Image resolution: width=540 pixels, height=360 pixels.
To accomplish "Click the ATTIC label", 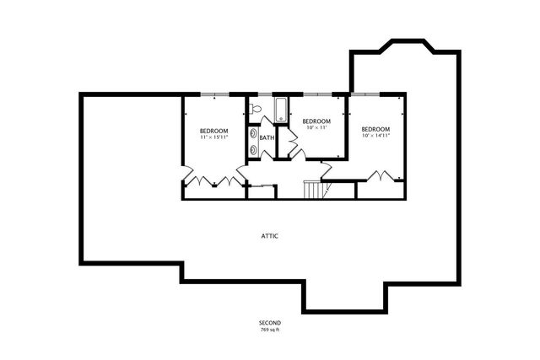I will [x=270, y=236].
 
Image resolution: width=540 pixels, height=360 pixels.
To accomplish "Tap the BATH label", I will [x=267, y=137].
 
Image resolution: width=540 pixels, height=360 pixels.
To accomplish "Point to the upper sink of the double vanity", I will [x=253, y=132].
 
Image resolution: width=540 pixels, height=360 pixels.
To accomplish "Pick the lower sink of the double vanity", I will [x=253, y=148].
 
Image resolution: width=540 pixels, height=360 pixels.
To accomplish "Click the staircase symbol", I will [x=313, y=190].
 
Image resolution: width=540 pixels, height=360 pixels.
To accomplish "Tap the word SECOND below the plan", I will [x=270, y=323].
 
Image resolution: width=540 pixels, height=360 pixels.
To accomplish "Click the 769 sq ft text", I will [x=270, y=330].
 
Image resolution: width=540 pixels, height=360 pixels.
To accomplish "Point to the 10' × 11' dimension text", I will [x=316, y=128].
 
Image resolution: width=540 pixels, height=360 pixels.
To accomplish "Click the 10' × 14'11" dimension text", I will [x=375, y=135].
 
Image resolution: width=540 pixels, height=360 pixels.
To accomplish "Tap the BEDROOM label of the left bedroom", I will [x=214, y=130].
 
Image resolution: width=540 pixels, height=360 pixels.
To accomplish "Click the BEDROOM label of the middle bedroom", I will [x=316, y=121].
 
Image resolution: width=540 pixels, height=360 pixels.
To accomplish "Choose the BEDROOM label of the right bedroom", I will [x=375, y=128].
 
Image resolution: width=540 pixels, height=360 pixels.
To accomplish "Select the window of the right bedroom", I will [x=377, y=94].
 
